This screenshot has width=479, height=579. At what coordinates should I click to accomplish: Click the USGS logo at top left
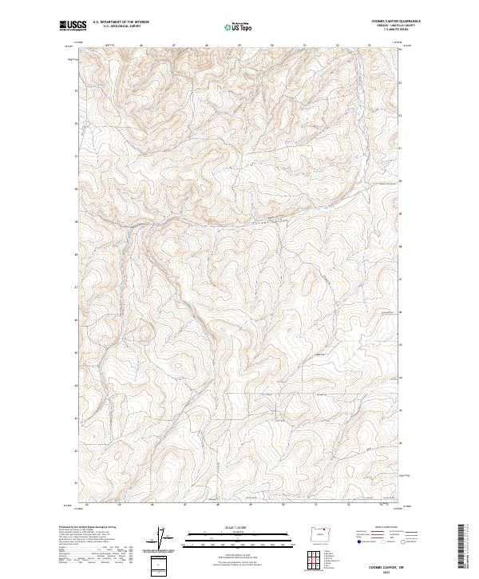point(73,26)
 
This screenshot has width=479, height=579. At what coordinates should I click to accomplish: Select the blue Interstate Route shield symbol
point(355,541)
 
